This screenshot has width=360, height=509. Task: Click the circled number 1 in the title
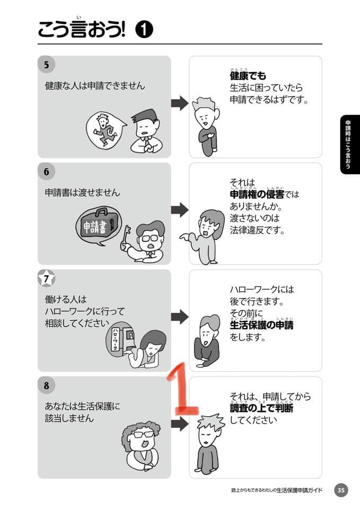(x=144, y=30)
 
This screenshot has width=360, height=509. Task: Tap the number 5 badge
(x=47, y=65)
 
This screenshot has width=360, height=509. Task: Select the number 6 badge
(x=47, y=171)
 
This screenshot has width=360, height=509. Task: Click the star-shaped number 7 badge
(x=47, y=278)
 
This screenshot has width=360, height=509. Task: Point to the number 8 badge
(x=47, y=385)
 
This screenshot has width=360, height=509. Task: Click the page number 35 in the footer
(x=340, y=490)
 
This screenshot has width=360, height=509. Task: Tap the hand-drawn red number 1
(x=181, y=390)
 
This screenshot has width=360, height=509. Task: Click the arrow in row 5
(x=180, y=103)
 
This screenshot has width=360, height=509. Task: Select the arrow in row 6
(x=180, y=210)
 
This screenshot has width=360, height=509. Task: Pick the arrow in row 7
(x=180, y=317)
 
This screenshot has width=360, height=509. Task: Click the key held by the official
(x=125, y=238)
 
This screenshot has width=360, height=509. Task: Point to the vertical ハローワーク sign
(x=115, y=339)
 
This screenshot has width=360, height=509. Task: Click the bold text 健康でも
(x=248, y=76)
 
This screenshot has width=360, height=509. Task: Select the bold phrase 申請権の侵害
(x=257, y=195)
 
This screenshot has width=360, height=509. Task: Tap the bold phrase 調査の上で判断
(x=261, y=408)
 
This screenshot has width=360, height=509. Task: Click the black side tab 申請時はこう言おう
(x=350, y=144)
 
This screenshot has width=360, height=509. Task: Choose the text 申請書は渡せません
(x=83, y=193)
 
